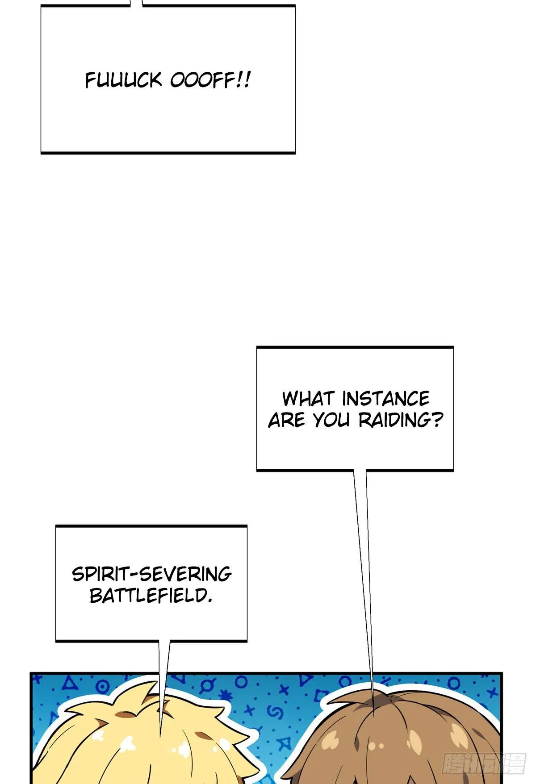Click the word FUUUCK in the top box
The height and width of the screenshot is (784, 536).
pyautogui.click(x=123, y=80)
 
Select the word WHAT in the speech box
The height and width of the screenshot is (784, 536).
pyautogui.click(x=309, y=398)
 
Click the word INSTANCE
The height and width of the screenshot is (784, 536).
pyautogui.click(x=386, y=398)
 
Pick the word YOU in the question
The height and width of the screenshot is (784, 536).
pyautogui.click(x=331, y=420)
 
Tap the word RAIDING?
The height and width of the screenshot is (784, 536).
pyautogui.click(x=401, y=420)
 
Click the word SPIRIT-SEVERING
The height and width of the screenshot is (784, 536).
pyautogui.click(x=152, y=574)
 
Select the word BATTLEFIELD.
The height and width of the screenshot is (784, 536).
pyautogui.click(x=151, y=595)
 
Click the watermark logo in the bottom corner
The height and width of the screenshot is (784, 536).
pyautogui.click(x=484, y=763)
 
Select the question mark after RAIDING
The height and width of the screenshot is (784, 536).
pyautogui.click(x=438, y=420)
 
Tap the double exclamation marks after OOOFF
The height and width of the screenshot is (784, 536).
pyautogui.click(x=243, y=80)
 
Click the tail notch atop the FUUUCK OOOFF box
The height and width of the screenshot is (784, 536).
pyautogui.click(x=136, y=3)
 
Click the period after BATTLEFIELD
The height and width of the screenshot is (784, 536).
pyautogui.click(x=209, y=601)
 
